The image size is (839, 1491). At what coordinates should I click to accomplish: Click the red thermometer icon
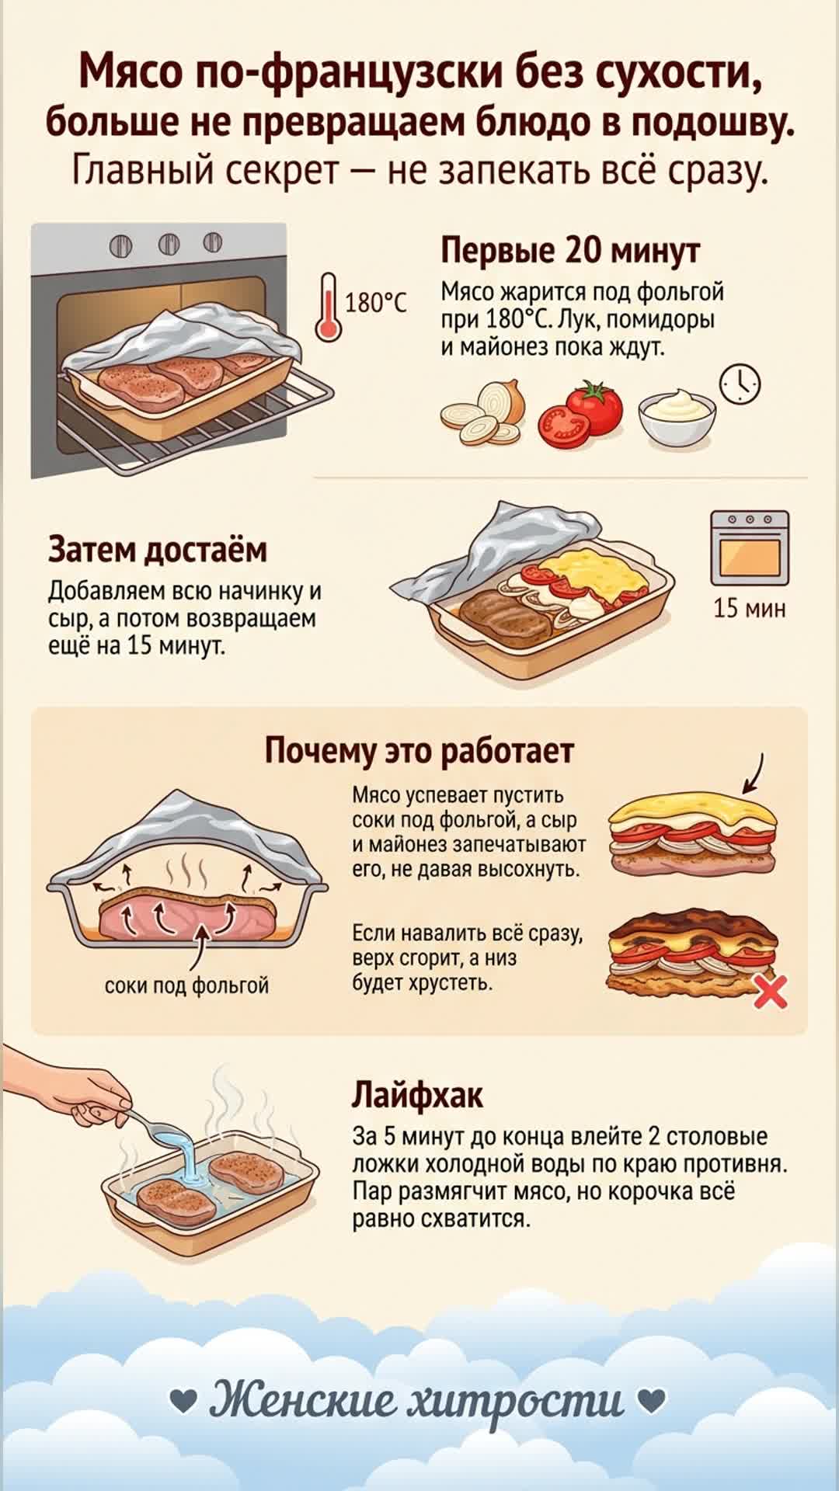pyautogui.click(x=328, y=308)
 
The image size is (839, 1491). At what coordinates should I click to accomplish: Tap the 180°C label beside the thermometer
pyautogui.click(x=375, y=302)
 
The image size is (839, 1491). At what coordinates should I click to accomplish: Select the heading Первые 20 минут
pyautogui.click(x=570, y=250)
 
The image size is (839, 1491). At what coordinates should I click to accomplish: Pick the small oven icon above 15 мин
pyautogui.click(x=750, y=547)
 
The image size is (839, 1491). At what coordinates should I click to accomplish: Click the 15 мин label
pyautogui.click(x=750, y=608)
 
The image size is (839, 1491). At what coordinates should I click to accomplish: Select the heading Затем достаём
pyautogui.click(x=158, y=550)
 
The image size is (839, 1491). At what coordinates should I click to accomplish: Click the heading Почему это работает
pyautogui.click(x=419, y=751)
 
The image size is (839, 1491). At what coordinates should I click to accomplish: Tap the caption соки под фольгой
pyautogui.click(x=186, y=985)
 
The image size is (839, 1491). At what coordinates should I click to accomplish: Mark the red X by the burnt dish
pyautogui.click(x=770, y=992)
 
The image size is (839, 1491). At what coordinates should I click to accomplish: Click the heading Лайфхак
pyautogui.click(x=417, y=1095)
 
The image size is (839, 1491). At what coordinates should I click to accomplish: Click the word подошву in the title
pyautogui.click(x=712, y=123)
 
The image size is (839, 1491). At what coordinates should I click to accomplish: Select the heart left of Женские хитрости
pyautogui.click(x=183, y=1400)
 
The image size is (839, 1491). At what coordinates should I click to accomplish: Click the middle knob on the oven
pyautogui.click(x=169, y=244)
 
